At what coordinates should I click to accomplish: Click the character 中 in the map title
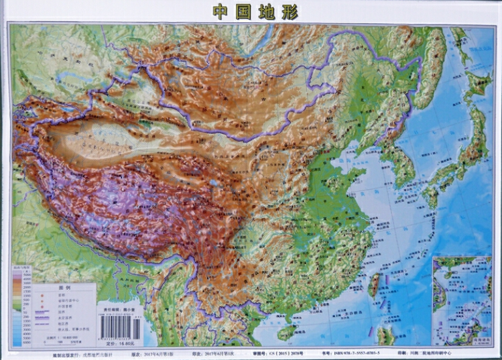pyautogui.click(x=221, y=11)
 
